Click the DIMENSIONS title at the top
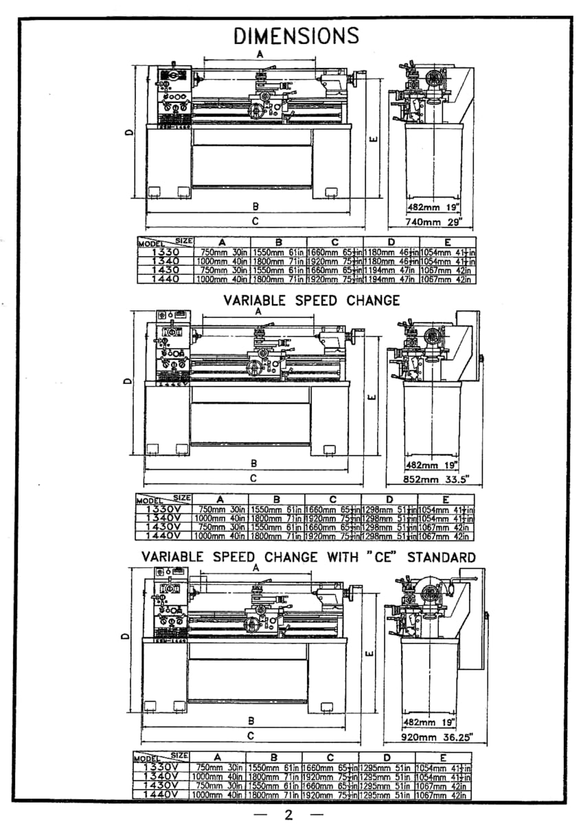[297, 35]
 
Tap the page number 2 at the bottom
[288, 814]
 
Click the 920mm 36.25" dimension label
[436, 737]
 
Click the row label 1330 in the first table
[166, 252]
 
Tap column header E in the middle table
[445, 500]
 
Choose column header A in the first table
[222, 242]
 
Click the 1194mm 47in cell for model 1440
[389, 279]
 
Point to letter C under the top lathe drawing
[255, 221]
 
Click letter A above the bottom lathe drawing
[255, 568]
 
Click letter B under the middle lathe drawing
[253, 463]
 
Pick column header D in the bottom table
[386, 757]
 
